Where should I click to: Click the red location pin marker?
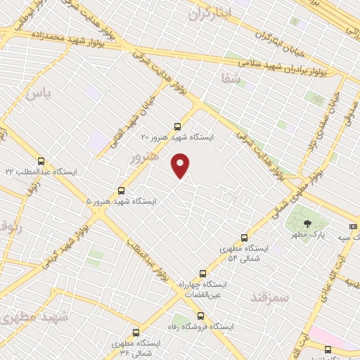click(x=181, y=165)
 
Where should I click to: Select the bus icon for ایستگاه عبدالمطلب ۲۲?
click(x=41, y=161)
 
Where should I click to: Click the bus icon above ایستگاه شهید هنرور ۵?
click(x=122, y=190)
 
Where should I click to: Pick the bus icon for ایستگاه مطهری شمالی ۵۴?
click(x=245, y=238)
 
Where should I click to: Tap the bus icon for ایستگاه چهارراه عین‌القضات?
click(x=203, y=273)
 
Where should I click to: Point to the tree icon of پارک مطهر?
click(x=307, y=223)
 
